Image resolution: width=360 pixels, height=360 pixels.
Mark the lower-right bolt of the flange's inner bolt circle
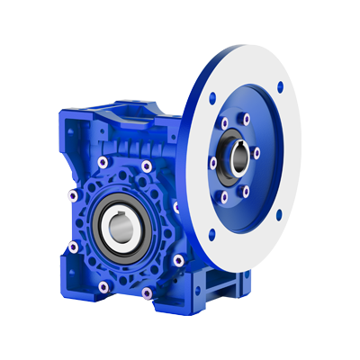[x=247, y=190]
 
